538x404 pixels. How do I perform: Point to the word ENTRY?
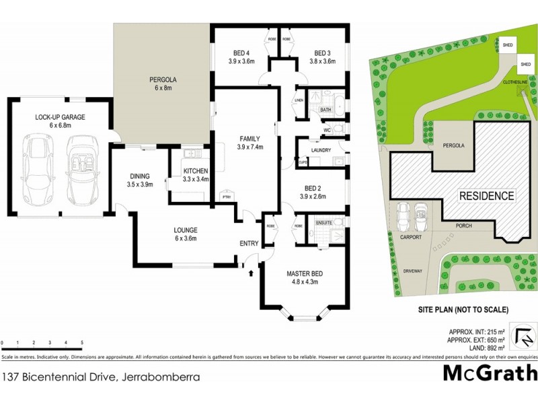249,244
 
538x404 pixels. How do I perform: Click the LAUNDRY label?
321,150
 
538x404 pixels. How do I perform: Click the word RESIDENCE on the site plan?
487,197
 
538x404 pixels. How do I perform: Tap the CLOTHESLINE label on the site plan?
518,83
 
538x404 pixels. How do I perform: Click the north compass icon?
522,334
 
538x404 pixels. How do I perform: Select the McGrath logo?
490,372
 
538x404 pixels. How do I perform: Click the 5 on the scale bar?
82,343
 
